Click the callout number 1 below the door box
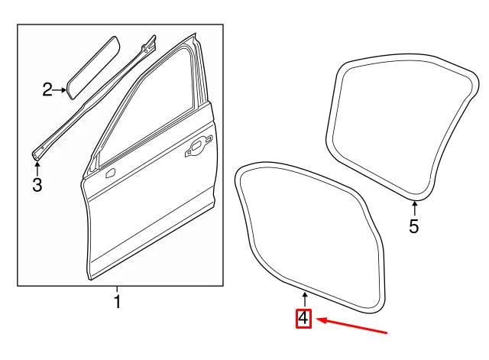(117, 302)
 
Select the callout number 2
(47, 91)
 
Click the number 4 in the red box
(304, 318)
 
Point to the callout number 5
(413, 226)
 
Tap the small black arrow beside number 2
(60, 91)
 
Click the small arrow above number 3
(37, 164)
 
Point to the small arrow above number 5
(413, 208)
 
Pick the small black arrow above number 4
(304, 299)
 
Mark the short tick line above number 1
(117, 289)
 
